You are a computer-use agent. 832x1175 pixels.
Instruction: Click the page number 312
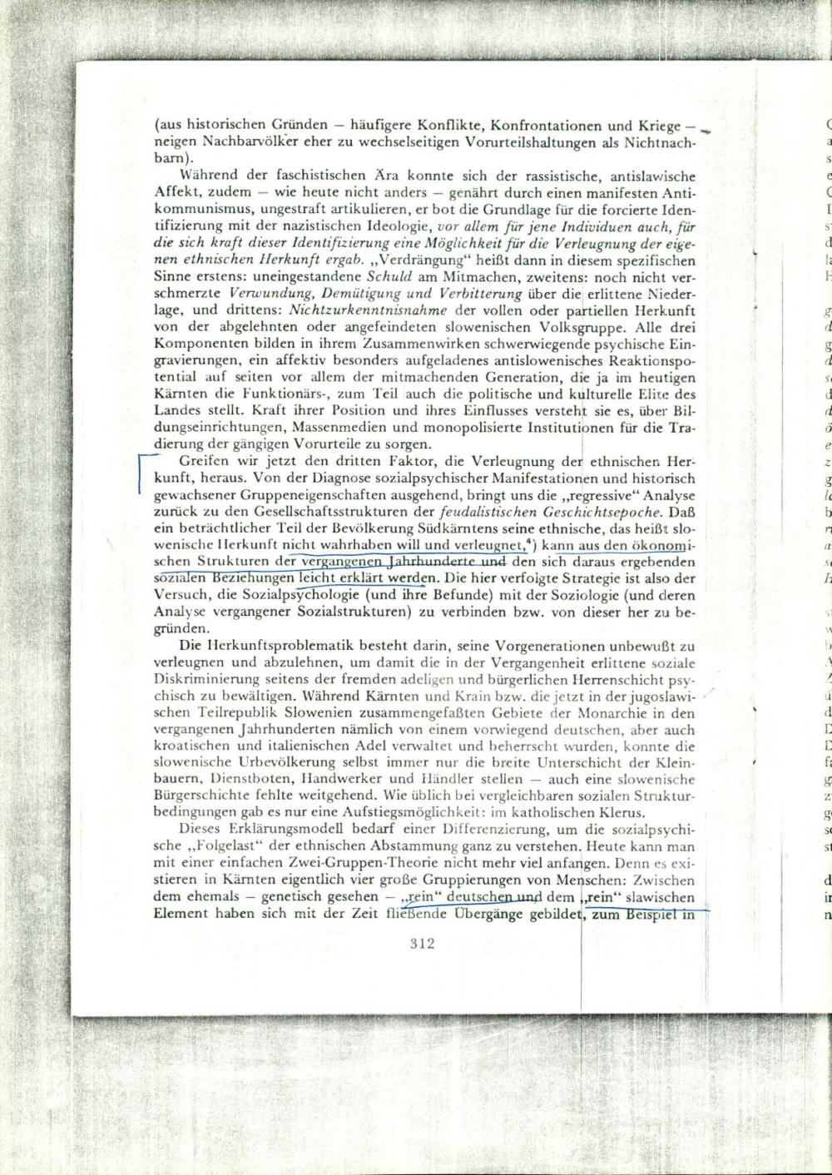click(x=423, y=944)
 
